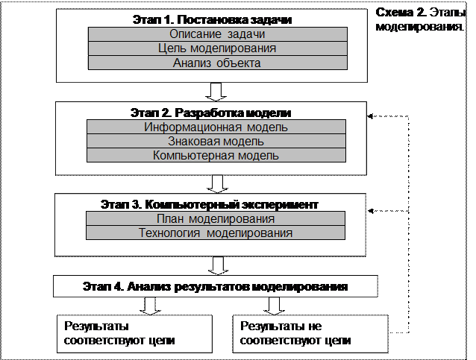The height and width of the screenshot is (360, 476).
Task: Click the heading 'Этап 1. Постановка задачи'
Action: pos(212,19)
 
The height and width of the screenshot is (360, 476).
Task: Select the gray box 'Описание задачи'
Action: pos(218,34)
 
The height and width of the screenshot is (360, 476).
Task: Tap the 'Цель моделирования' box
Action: pos(218,48)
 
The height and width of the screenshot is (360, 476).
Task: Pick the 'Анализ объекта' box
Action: pos(218,63)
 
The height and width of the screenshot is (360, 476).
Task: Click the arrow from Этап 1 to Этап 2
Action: pos(216,92)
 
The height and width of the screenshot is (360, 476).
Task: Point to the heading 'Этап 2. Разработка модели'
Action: pos(210,113)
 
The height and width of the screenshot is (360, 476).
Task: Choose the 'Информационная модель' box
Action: pos(216,127)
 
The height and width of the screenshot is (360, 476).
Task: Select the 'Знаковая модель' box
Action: pos(216,141)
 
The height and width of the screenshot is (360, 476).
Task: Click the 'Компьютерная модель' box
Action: pos(216,155)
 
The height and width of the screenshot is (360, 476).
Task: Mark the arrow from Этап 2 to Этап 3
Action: pos(217,184)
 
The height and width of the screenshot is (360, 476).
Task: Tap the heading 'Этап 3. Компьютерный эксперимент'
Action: pos(210,205)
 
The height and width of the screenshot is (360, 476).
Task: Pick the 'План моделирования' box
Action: pos(216,218)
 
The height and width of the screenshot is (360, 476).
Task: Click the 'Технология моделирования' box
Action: pos(216,233)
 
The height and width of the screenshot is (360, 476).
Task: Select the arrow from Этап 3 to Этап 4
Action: pos(218,265)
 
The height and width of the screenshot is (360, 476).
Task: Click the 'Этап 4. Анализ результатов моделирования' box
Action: pos(216,286)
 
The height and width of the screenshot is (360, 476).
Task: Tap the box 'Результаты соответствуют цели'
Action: pos(134,334)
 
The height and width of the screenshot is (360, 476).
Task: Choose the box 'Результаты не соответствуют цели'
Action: pos(310,334)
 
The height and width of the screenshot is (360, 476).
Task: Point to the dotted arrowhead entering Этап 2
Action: pos(370,116)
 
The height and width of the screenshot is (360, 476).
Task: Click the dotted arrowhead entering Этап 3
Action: pos(371,211)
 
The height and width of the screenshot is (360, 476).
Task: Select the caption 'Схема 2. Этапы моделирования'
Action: pos(421,19)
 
